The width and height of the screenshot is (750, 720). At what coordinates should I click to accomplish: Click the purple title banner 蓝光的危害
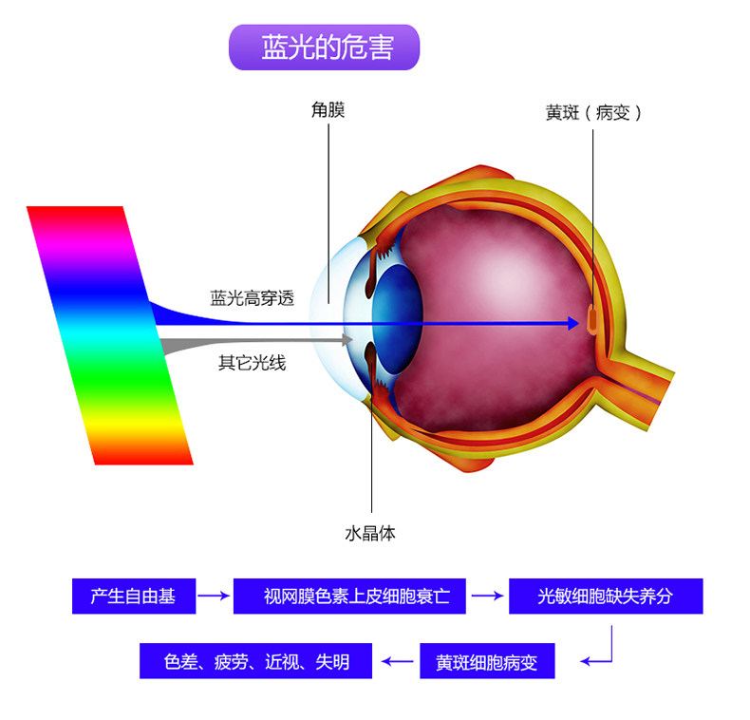(x=323, y=47)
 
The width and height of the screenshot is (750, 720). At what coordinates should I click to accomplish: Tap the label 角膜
(x=328, y=110)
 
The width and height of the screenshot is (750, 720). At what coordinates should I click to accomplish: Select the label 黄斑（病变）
(x=594, y=112)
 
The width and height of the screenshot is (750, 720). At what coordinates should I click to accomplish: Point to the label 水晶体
(x=370, y=533)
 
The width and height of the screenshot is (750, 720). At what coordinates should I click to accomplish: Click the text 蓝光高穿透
(x=252, y=298)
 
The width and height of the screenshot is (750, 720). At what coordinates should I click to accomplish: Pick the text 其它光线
(x=252, y=362)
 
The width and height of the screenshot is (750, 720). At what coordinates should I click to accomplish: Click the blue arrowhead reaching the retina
(x=572, y=323)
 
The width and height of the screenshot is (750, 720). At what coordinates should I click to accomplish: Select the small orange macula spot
(x=592, y=317)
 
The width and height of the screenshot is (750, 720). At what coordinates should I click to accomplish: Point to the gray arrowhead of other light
(x=348, y=339)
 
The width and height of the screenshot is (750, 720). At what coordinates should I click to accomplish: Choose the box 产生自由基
(x=133, y=597)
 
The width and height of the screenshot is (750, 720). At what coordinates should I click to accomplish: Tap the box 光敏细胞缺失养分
(x=605, y=597)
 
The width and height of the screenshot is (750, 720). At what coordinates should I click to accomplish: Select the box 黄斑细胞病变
(x=486, y=661)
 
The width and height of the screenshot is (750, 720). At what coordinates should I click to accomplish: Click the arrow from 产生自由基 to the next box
(x=215, y=597)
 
